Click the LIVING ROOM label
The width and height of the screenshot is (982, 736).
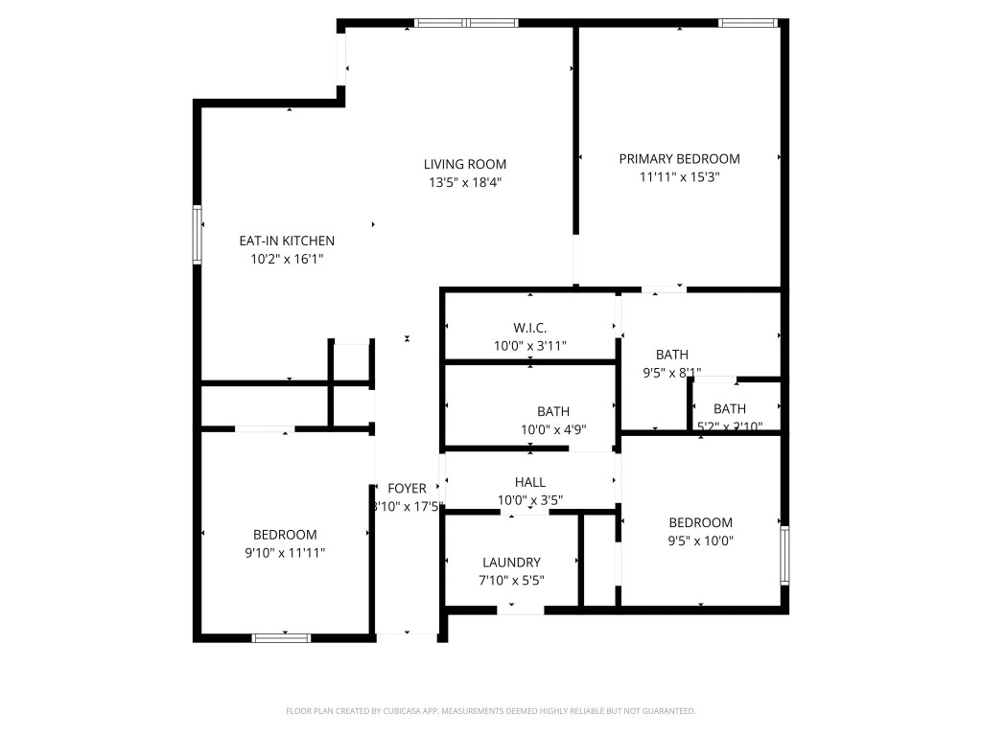click(x=465, y=164)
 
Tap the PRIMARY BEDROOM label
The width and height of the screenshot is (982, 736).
click(x=679, y=159)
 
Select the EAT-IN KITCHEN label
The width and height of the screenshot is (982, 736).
click(x=287, y=241)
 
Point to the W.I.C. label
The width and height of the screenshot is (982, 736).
click(x=530, y=328)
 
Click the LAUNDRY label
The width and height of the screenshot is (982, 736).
click(x=511, y=563)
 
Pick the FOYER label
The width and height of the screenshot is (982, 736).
click(x=407, y=489)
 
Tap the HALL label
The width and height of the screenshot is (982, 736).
click(x=529, y=482)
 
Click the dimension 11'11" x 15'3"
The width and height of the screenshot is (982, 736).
click(x=679, y=177)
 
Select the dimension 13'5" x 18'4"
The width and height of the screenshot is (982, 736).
click(x=465, y=182)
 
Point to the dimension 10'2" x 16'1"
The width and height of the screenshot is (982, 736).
click(x=287, y=259)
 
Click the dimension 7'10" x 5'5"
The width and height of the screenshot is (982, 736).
click(x=511, y=581)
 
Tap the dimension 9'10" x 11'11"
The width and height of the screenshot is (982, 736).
click(x=285, y=553)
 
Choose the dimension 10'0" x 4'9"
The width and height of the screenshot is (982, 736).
click(x=553, y=430)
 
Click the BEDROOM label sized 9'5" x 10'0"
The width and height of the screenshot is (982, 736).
click(x=700, y=522)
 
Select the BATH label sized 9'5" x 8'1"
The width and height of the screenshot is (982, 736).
click(x=671, y=355)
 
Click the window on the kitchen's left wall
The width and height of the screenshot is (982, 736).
click(x=197, y=235)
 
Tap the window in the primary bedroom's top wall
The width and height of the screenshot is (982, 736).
click(x=747, y=22)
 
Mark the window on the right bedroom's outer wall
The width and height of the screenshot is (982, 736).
click(x=785, y=555)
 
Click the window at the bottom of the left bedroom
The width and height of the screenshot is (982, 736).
click(x=281, y=637)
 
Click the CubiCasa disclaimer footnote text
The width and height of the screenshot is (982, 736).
click(x=490, y=711)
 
